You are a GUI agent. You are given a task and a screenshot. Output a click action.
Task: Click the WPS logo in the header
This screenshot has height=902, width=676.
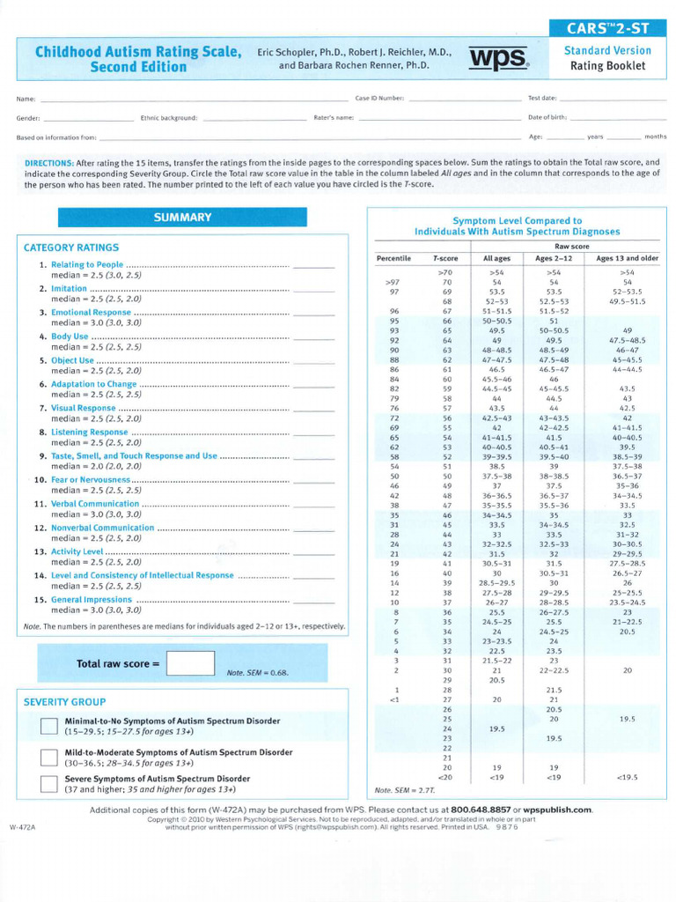(x=498, y=57)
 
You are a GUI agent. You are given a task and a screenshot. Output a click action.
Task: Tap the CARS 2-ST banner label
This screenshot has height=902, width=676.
(x=607, y=29)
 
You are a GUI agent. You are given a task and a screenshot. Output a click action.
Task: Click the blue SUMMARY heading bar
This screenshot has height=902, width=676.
(x=183, y=218)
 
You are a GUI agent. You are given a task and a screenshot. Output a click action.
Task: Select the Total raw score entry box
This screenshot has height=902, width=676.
(x=190, y=663)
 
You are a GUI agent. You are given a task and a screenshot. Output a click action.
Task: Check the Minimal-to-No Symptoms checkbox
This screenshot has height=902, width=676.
(x=49, y=726)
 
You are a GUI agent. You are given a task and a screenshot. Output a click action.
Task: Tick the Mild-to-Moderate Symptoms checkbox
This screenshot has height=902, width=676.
(x=49, y=758)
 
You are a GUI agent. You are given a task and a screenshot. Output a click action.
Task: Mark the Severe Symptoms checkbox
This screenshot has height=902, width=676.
(x=49, y=784)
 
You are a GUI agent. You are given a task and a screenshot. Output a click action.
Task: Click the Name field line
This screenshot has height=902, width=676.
(x=194, y=99)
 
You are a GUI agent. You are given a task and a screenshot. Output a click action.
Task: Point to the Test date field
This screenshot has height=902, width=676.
(x=612, y=99)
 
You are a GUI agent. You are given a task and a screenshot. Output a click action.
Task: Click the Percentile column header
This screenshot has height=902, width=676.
(x=393, y=258)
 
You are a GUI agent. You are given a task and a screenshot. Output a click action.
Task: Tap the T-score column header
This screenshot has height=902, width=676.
(x=445, y=258)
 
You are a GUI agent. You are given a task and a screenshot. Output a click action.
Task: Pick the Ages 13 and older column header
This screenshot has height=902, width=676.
(x=627, y=258)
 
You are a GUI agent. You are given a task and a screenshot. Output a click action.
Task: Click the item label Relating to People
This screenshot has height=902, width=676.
(x=87, y=264)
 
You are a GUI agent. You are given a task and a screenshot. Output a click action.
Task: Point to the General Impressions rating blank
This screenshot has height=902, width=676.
(x=313, y=601)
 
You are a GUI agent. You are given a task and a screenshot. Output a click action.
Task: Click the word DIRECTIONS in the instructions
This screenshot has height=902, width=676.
(x=48, y=163)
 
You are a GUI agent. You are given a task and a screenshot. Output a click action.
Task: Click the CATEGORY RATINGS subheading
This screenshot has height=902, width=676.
(x=71, y=248)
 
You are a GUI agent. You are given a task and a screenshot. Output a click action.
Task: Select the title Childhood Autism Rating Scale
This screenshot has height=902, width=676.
(x=138, y=52)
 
